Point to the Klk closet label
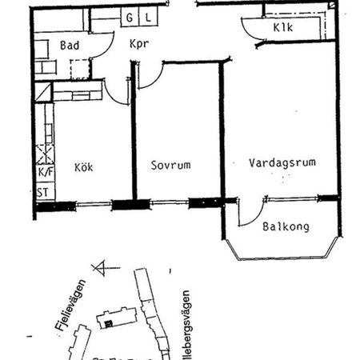(x=282, y=29)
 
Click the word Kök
(x=84, y=166)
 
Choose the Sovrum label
(x=170, y=166)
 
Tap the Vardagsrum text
(x=281, y=162)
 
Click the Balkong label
(x=286, y=226)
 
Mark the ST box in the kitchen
(x=43, y=192)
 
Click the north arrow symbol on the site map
(x=100, y=268)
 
